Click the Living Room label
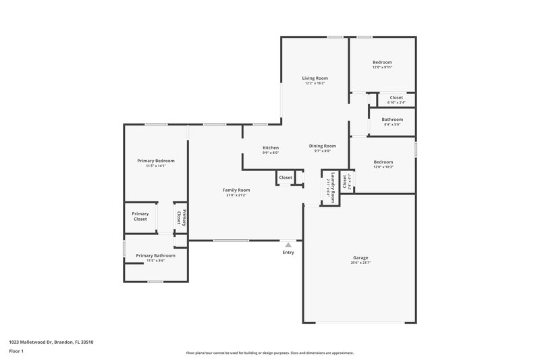tap(315, 78)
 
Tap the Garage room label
tap(360, 258)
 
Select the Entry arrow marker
tap(288, 245)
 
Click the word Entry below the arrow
tap(288, 253)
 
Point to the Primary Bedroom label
tap(156, 161)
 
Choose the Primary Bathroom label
tap(155, 255)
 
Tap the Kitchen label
tap(271, 148)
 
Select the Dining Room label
tap(323, 147)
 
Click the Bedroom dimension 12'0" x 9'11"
tap(382, 68)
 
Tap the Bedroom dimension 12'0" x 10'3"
tap(383, 167)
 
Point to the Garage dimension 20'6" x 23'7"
tap(360, 263)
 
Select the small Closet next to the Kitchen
tap(286, 178)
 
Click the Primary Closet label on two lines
tap(140, 216)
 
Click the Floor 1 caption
tap(16, 352)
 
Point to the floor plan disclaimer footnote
tap(269, 353)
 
